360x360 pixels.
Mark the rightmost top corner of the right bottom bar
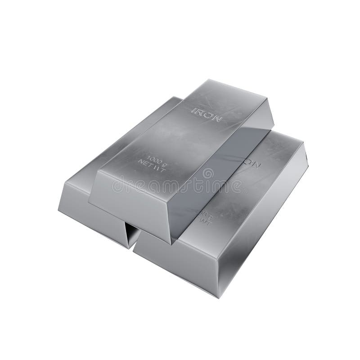304,143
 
